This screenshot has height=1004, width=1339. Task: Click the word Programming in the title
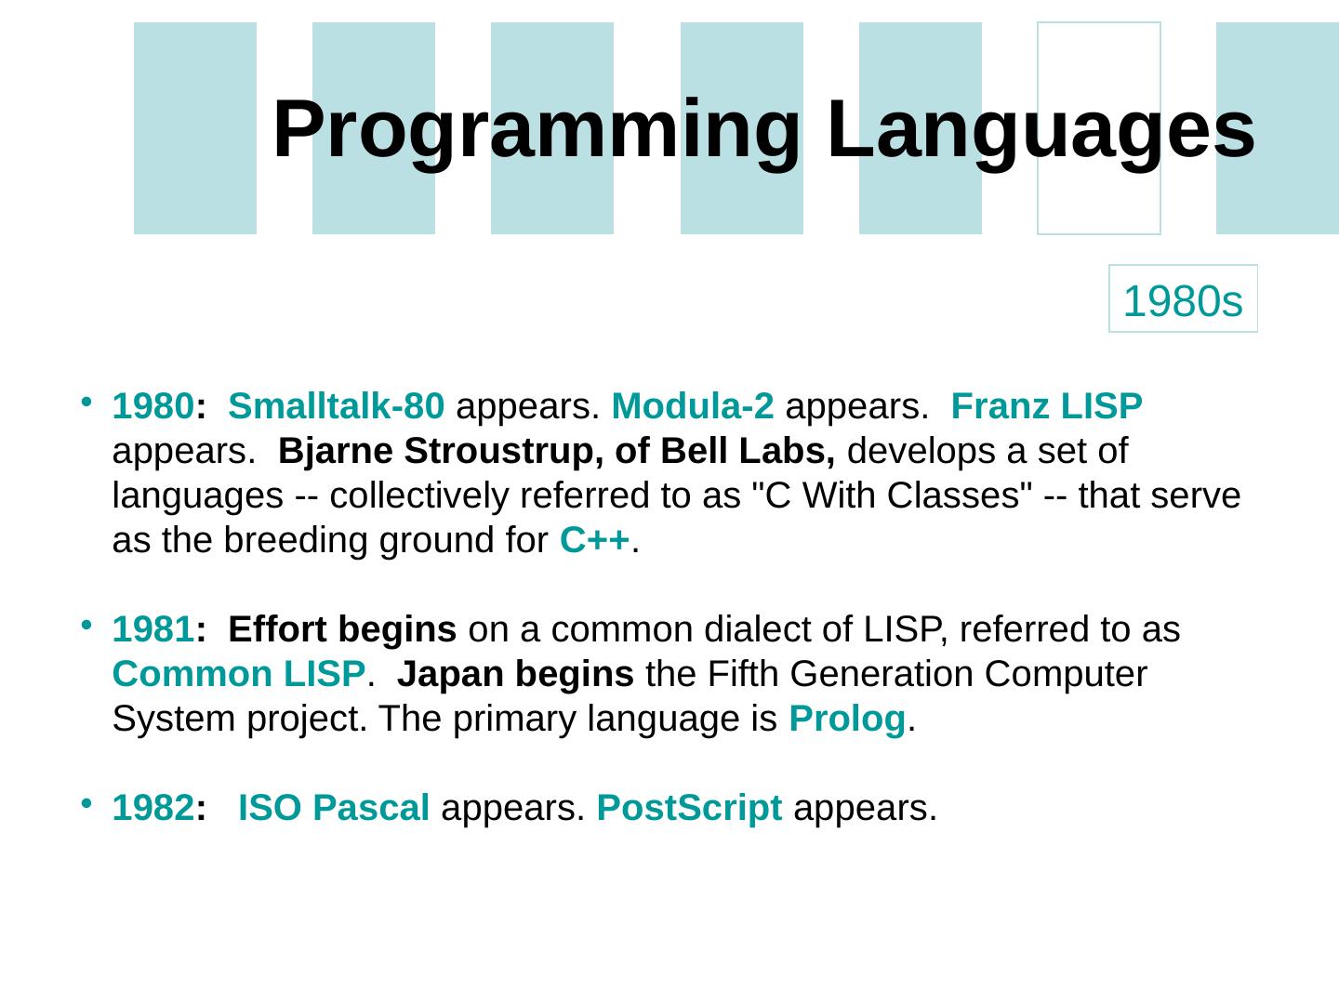(537, 130)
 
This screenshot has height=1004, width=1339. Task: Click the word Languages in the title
(1041, 130)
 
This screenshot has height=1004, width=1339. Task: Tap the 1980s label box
(1183, 298)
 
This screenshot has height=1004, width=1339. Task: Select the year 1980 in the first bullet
(153, 406)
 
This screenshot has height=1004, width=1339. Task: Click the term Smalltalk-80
(336, 406)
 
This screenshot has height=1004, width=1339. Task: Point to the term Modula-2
(693, 406)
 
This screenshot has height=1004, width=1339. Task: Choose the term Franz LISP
(1046, 406)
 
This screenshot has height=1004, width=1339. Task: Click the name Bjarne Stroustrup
(436, 452)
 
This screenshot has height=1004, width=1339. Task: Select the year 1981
(153, 629)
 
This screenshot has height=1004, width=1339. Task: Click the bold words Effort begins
(342, 630)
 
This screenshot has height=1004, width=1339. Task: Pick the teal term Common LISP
(239, 674)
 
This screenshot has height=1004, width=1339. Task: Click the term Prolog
(847, 720)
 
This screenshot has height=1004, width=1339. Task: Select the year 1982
(153, 808)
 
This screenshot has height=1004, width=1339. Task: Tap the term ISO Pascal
(334, 808)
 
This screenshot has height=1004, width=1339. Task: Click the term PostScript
(689, 809)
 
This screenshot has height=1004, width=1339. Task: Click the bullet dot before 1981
(86, 625)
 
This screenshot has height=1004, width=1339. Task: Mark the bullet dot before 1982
(86, 803)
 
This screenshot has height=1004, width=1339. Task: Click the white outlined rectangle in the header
(1039, 128)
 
